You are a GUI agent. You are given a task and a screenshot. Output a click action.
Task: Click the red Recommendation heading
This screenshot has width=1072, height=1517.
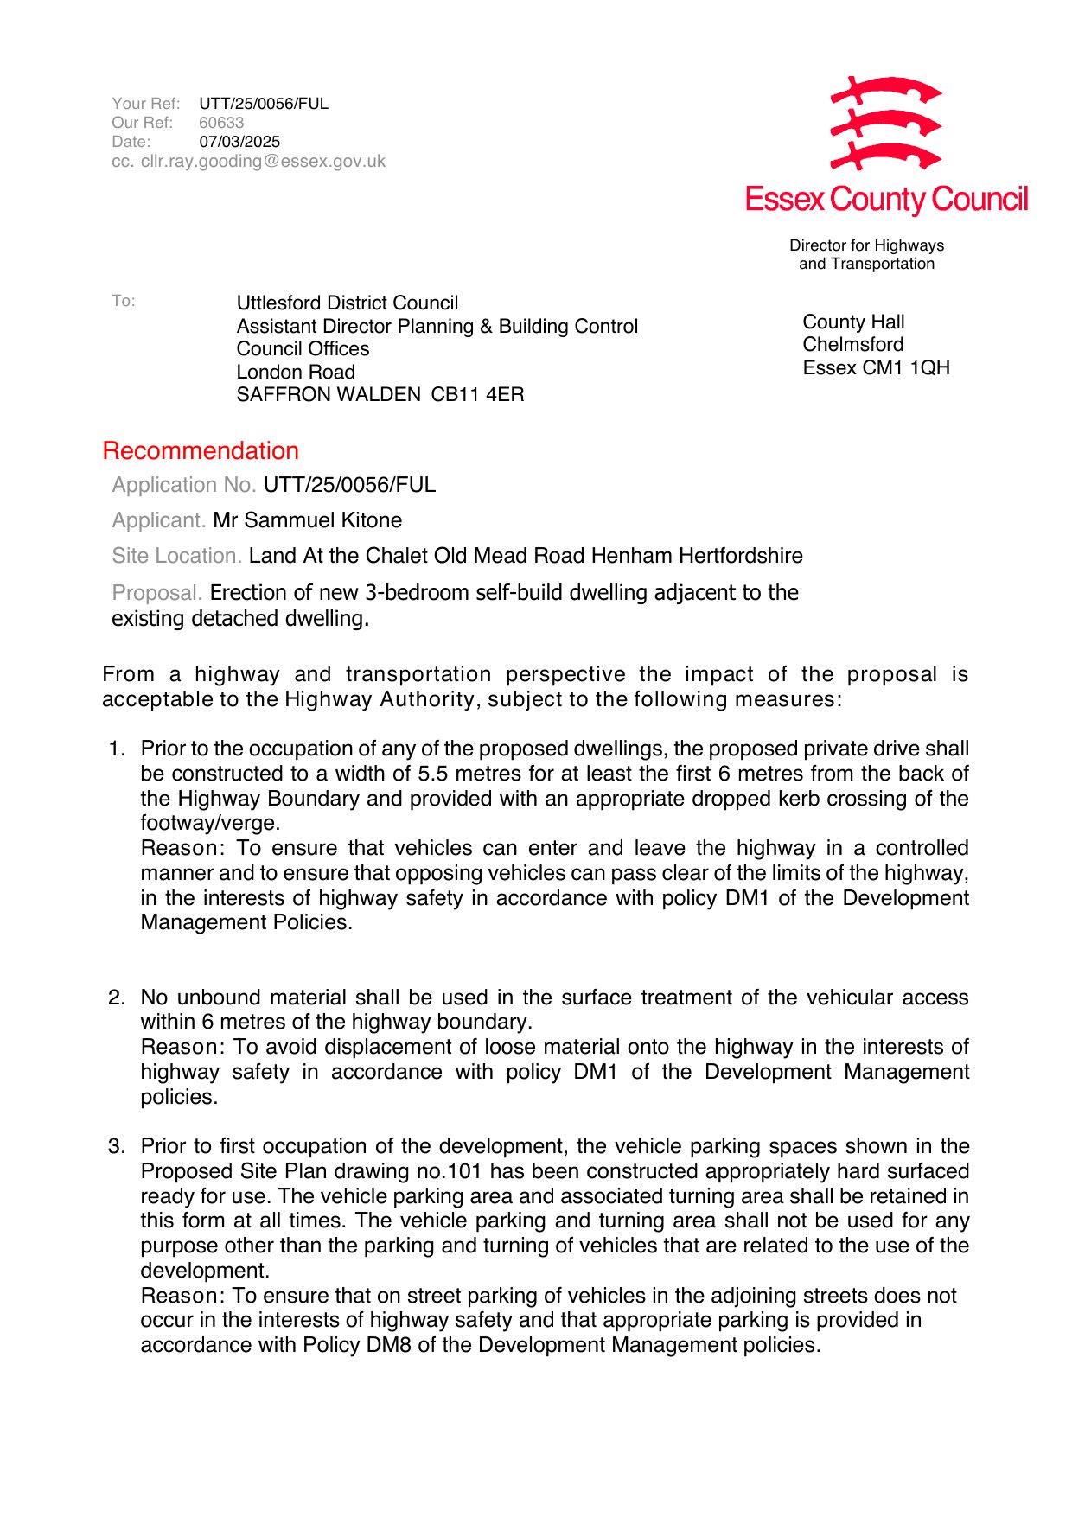point(201,451)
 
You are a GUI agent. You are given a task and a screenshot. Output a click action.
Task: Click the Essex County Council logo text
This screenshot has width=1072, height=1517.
point(886,200)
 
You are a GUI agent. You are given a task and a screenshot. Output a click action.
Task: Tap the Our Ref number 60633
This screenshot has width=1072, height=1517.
point(221,123)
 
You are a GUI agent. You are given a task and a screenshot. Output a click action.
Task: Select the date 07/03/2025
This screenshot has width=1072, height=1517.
point(239,142)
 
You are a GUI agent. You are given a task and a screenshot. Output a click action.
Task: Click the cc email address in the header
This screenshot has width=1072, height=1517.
point(263,162)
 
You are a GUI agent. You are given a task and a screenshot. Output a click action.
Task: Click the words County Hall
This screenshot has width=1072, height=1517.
point(853,322)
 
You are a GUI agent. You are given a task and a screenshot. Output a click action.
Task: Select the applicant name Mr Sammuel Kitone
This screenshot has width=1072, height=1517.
point(308,520)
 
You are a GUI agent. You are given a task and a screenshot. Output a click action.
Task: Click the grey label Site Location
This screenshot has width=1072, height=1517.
point(176,556)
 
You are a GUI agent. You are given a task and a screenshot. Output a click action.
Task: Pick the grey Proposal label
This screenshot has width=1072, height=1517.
point(156,593)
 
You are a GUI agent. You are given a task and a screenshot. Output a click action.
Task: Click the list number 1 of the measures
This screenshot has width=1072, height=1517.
point(116,749)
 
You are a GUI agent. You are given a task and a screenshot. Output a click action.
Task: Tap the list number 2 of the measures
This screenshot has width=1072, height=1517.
point(116,998)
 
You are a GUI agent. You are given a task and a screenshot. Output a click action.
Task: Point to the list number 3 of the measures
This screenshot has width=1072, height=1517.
point(116,1147)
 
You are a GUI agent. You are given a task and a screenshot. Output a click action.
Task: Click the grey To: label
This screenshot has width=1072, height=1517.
point(124,301)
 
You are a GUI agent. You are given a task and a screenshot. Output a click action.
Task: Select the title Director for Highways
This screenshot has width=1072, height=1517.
point(866,245)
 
